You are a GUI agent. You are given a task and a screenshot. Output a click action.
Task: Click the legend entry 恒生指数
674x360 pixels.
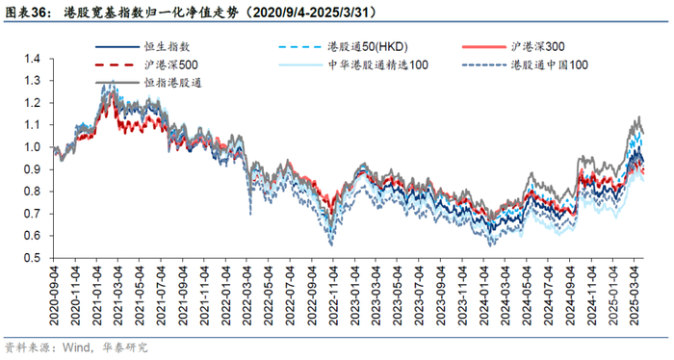[x=142, y=46]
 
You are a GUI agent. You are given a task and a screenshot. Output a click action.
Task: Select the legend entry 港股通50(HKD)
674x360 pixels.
[x=343, y=46]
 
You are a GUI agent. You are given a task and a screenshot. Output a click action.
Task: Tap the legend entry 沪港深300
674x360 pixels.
[x=513, y=46]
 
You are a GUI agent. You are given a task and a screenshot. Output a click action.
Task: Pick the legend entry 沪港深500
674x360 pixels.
[x=146, y=64]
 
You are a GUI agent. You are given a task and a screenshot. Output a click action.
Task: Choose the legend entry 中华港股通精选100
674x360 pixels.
[x=353, y=64]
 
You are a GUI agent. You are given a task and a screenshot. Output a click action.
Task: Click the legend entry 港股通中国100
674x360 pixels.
[x=525, y=64]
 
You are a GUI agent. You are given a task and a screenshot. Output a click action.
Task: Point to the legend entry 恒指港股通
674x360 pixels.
[x=148, y=83]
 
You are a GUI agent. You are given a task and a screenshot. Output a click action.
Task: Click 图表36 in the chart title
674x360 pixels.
[x=27, y=13]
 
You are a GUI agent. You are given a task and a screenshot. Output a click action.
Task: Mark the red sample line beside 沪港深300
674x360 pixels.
[x=484, y=46]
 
